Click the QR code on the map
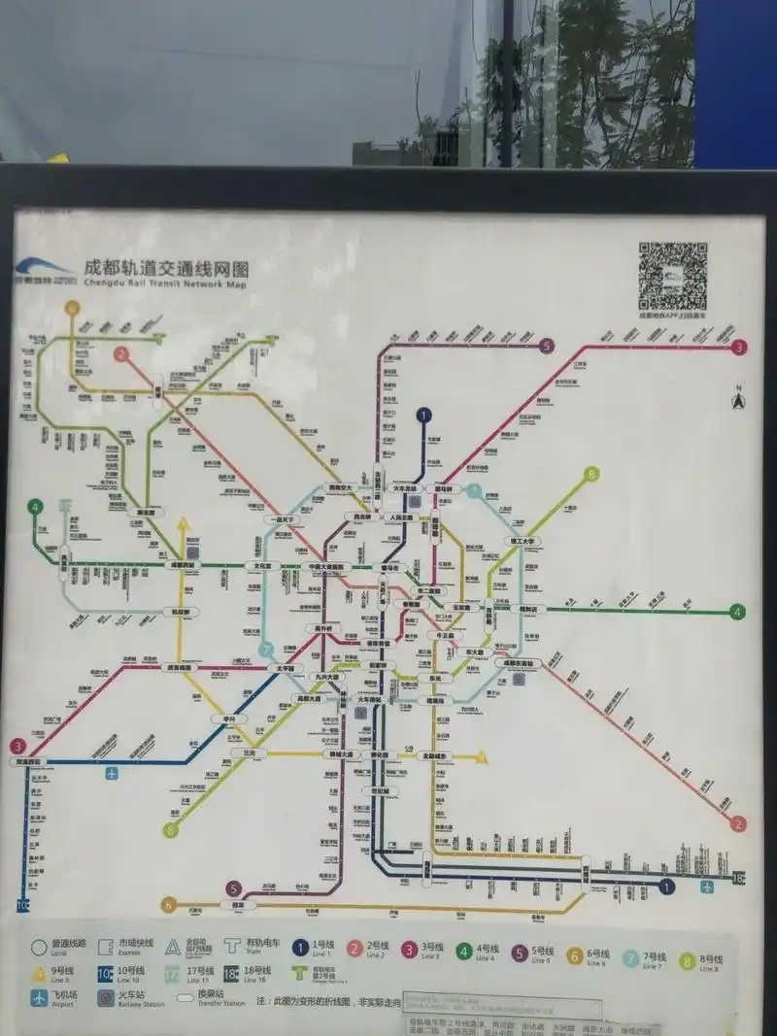(x=672, y=277)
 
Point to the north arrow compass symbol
(x=737, y=399)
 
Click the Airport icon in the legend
(x=39, y=997)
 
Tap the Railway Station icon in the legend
(x=106, y=997)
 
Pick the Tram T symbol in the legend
(x=231, y=947)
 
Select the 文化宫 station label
(x=262, y=565)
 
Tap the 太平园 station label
(x=285, y=668)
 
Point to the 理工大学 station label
(x=524, y=541)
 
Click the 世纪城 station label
(x=385, y=791)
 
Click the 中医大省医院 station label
(x=326, y=566)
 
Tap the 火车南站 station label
(x=369, y=699)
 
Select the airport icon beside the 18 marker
(x=706, y=886)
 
